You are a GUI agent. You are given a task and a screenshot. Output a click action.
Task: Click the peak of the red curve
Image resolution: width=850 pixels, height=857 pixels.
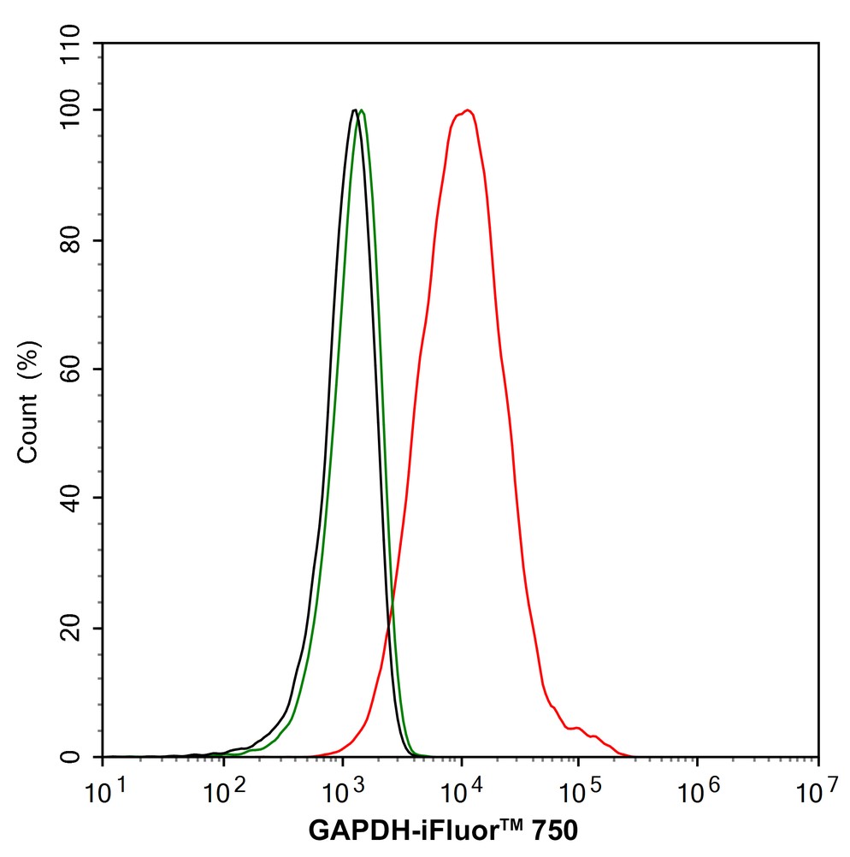click(467, 110)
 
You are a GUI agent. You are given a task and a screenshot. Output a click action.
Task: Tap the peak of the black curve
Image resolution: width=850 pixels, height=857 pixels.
click(354, 110)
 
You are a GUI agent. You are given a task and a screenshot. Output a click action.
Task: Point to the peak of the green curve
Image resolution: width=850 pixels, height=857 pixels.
click(363, 110)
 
